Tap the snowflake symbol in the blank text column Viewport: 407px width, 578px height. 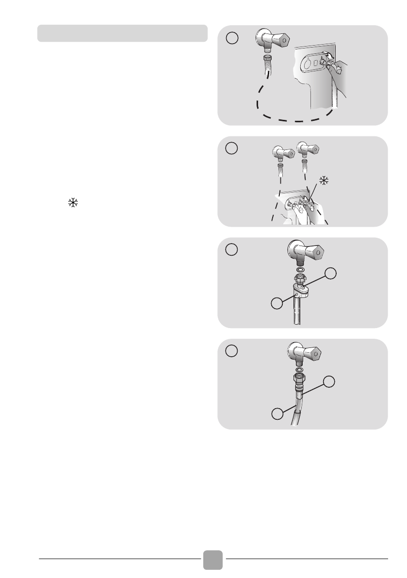[x=72, y=204]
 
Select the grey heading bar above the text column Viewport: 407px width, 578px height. [x=123, y=33]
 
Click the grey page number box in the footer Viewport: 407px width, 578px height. [x=213, y=559]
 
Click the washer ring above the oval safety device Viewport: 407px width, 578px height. [x=300, y=269]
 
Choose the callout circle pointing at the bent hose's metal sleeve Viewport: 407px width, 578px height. [x=330, y=381]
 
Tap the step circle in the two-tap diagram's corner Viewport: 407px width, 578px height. [x=232, y=148]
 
